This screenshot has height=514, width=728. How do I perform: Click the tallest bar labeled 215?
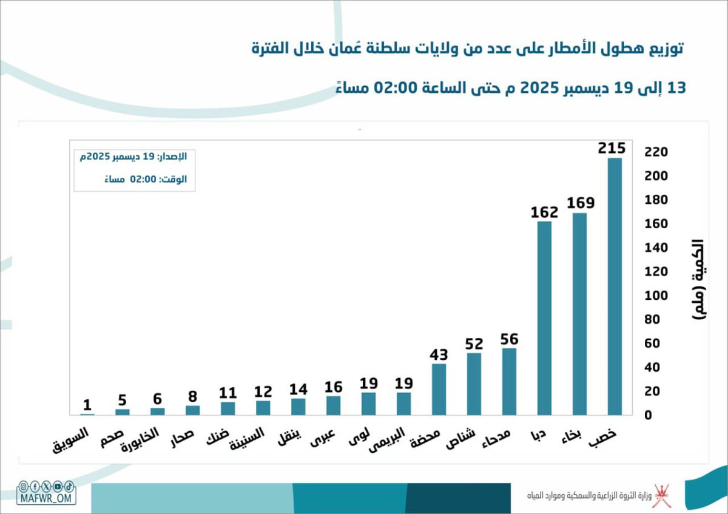(x=615, y=286)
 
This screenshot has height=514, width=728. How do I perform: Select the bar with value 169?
(x=579, y=314)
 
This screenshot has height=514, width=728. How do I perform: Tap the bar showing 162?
(x=544, y=318)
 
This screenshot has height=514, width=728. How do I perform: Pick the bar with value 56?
(x=509, y=382)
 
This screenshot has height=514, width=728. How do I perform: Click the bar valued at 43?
(x=439, y=390)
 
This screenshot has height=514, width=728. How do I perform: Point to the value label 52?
(x=474, y=344)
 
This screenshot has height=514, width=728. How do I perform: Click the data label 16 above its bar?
(x=334, y=387)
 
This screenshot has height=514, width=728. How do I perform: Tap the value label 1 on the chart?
(x=87, y=405)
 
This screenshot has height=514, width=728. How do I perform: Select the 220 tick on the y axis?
(x=656, y=152)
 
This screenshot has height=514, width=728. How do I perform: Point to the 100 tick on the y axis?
(x=656, y=296)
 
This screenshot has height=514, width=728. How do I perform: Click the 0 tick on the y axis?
(x=648, y=416)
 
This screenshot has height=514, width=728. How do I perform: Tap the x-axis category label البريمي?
(x=387, y=439)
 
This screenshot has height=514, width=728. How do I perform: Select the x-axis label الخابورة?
(x=140, y=439)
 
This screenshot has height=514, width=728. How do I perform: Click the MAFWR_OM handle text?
(x=46, y=498)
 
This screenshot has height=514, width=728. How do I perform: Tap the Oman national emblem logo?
(x=662, y=495)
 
